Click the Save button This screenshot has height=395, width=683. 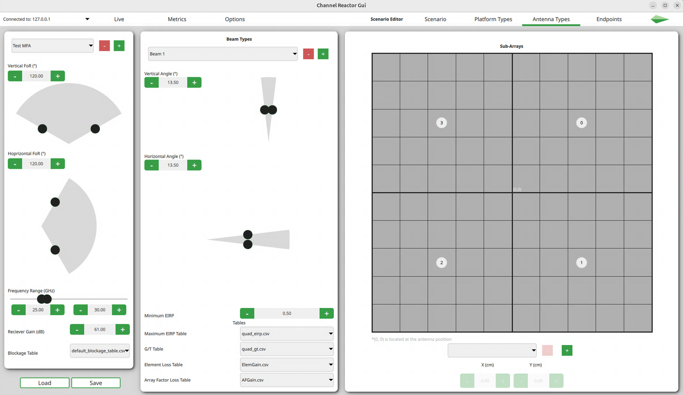pos(96,383)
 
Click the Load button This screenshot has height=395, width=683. pos(44,383)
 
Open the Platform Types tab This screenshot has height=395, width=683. pos(493,19)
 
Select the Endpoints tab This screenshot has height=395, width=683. pos(609,19)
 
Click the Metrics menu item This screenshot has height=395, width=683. pos(177,19)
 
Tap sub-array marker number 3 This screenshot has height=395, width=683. pos(441,123)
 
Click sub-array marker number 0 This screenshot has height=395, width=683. pos(581,123)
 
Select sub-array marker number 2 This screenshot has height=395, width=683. pos(441,263)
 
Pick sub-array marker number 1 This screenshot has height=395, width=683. pos(581,263)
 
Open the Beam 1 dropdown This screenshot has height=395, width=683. pos(222,54)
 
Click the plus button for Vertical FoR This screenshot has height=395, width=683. pos(58,76)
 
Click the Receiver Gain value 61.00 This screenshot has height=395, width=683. pos(99,329)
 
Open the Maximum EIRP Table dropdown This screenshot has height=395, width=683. pos(286,334)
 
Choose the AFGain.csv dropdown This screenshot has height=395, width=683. pos(286,380)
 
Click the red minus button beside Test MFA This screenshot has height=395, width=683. pos(105,46)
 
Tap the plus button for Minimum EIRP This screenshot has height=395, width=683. pos(327,314)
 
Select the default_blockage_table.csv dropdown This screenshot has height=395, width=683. pos(100,351)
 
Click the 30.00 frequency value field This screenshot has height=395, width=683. pos(99,310)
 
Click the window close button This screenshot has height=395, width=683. pos(677,6)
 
